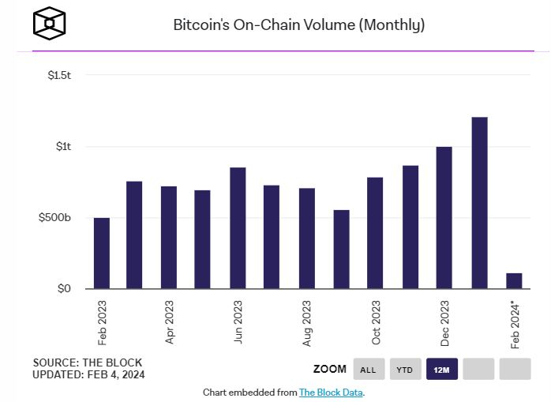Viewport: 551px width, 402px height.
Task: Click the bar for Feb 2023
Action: [102, 254]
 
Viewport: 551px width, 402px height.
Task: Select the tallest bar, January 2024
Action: [479, 203]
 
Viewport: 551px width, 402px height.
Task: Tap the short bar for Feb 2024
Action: [514, 281]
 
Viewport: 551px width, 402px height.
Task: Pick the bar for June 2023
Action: [238, 228]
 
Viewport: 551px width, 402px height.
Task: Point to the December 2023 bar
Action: [444, 218]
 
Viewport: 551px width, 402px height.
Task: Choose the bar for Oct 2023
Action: [375, 233]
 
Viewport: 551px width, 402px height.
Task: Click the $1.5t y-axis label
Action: [59, 75]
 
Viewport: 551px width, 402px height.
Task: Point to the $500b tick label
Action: [55, 218]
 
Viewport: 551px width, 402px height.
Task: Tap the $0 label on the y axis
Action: [63, 289]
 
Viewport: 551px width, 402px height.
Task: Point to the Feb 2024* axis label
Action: [515, 325]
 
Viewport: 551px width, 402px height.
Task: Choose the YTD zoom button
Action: [405, 369]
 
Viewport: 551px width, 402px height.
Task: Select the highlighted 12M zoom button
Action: [442, 369]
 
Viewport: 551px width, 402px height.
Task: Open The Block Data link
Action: [331, 393]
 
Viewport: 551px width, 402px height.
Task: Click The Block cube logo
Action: [50, 24]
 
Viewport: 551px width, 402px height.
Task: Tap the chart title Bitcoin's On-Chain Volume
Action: [299, 25]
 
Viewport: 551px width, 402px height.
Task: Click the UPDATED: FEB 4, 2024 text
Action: [88, 374]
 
